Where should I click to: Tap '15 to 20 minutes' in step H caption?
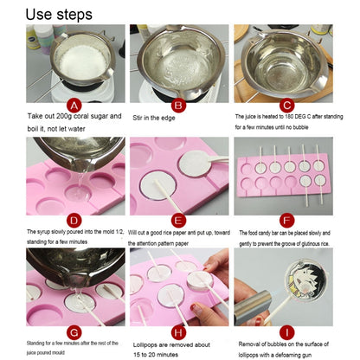[162, 351]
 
